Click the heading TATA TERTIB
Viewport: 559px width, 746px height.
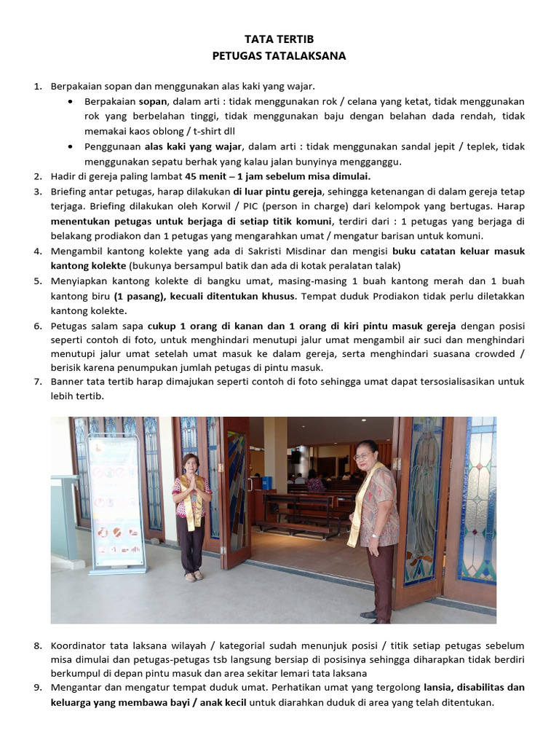click(x=279, y=39)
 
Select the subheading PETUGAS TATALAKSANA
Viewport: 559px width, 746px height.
click(x=279, y=55)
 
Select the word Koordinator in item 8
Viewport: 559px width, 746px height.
click(x=80, y=646)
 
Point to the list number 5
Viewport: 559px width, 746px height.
click(x=38, y=281)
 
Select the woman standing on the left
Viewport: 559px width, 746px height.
click(x=191, y=517)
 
